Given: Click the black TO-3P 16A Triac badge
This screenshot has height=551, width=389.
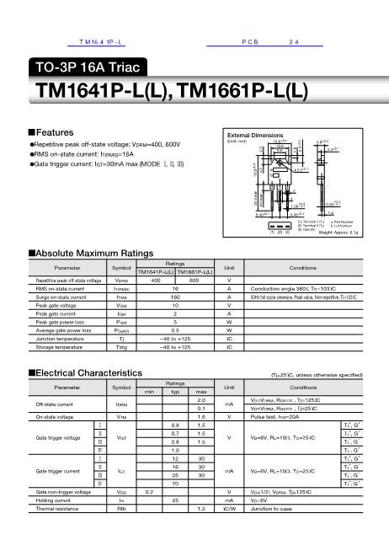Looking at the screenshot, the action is click(x=88, y=67).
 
